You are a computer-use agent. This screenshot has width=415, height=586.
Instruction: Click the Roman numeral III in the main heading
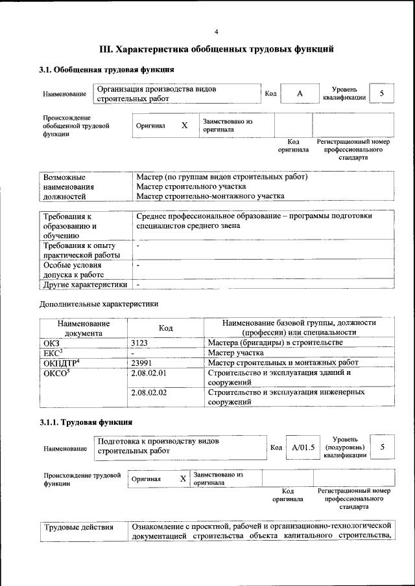point(106,49)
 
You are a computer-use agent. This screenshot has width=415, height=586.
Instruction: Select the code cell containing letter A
point(300,94)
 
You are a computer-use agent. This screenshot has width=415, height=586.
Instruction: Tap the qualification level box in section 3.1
point(382,94)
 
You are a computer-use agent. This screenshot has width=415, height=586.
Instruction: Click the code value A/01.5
point(303,447)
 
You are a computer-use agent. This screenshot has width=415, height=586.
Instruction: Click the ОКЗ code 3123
point(141,343)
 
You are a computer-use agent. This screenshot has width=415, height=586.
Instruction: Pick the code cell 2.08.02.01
point(148,373)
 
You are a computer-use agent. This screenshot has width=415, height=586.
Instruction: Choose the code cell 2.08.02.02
point(148,392)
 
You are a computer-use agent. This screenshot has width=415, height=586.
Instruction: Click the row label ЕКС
point(52,353)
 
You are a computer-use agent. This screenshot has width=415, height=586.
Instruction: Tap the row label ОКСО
point(55,373)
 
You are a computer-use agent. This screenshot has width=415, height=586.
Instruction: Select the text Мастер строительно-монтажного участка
point(210,196)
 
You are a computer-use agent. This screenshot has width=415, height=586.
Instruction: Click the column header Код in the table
point(165,328)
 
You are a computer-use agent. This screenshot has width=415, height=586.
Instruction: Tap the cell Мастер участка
point(235,353)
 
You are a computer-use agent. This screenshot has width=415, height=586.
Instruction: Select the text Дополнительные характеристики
point(99,303)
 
